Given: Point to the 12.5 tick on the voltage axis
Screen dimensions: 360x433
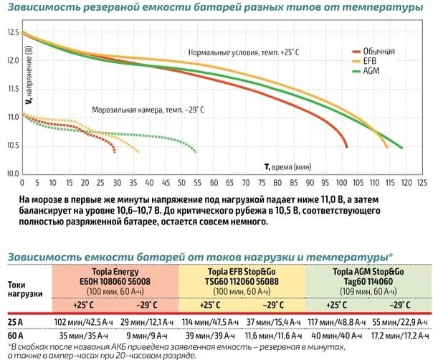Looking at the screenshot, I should (x=13, y=33).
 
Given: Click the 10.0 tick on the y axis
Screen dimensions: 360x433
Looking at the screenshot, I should (x=13, y=174).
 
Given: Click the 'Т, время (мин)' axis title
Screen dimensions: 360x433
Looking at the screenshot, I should (x=287, y=166).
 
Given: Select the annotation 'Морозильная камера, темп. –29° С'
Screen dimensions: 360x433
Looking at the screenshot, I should (x=148, y=110).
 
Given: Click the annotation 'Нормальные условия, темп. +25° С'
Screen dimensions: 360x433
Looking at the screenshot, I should (x=243, y=52).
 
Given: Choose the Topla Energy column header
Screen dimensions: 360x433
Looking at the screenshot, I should (x=115, y=278).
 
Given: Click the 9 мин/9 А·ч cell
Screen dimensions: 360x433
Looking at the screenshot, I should (x=147, y=336).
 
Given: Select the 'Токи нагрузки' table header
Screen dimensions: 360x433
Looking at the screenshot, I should (x=25, y=288).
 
